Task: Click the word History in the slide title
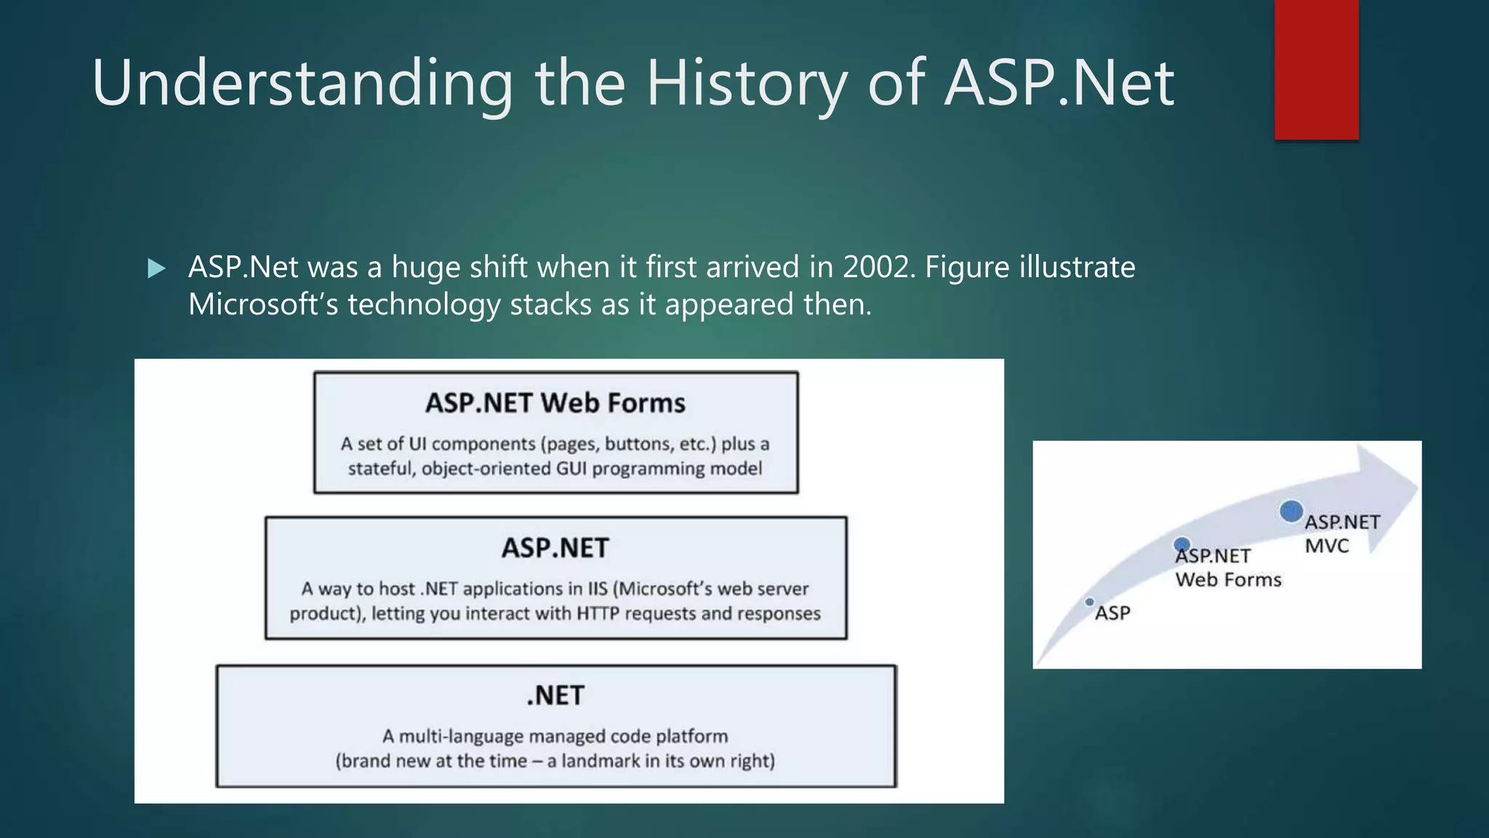click(747, 84)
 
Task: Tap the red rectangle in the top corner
click(1316, 69)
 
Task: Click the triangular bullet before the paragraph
click(156, 269)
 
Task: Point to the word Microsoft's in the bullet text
click(263, 305)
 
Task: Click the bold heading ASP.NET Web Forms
click(555, 403)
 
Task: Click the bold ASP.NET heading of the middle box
click(555, 548)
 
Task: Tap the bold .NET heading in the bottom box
click(555, 695)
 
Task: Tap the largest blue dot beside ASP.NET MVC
click(1291, 511)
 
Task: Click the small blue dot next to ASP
click(1089, 602)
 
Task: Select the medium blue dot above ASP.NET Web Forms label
click(1182, 544)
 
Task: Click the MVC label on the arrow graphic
click(1327, 546)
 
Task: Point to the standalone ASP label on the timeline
click(1113, 613)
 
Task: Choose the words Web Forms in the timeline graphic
click(1229, 580)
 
